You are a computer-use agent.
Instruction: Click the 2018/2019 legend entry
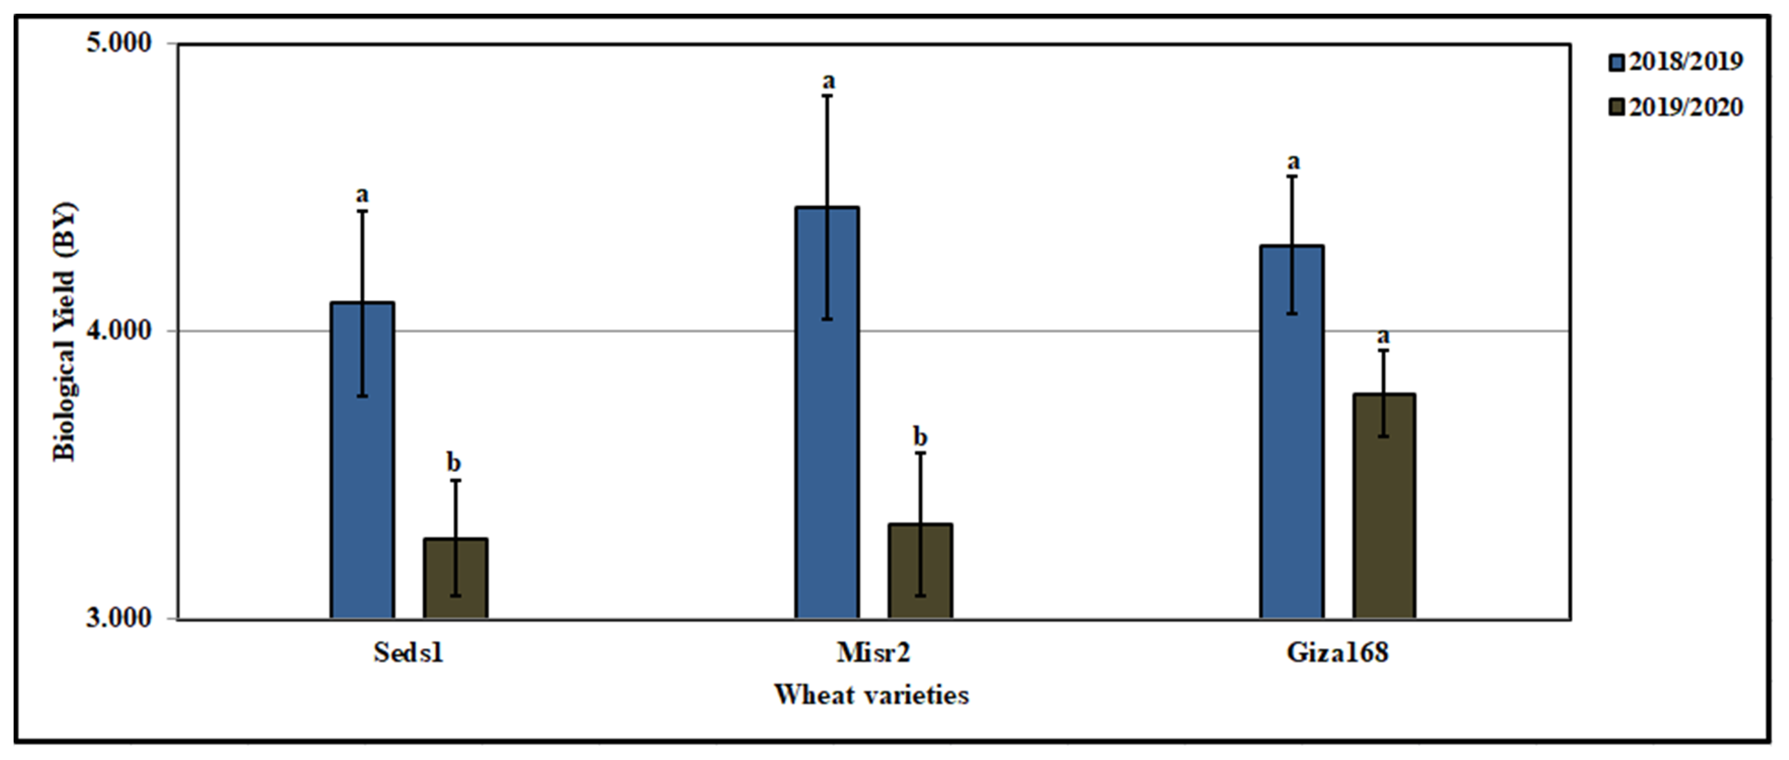(x=1676, y=62)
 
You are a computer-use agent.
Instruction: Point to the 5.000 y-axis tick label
(x=119, y=43)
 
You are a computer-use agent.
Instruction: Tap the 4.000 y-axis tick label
(x=119, y=331)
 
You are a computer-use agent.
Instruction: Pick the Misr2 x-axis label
(x=873, y=653)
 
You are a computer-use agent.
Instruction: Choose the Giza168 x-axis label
(x=1338, y=653)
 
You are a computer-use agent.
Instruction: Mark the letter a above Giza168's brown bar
(x=1383, y=336)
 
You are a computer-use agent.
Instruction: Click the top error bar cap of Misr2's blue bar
(x=827, y=95)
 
